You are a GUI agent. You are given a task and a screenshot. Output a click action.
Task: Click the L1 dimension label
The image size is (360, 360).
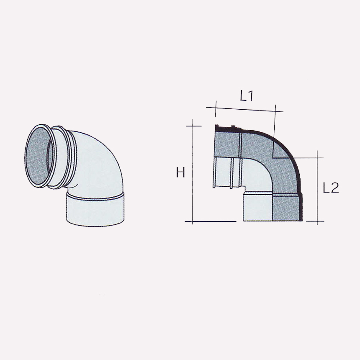tap(247, 96)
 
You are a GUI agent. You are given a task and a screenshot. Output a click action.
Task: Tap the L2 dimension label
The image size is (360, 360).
tap(331, 188)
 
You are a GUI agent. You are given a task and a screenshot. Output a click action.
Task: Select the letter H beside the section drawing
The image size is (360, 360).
tap(180, 172)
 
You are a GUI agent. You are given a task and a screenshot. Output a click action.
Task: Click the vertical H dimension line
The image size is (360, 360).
tap(192, 176)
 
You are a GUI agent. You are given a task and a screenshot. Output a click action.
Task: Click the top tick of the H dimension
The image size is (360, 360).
tap(193, 125)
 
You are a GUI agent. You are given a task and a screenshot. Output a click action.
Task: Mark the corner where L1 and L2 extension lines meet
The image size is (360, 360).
tap(273, 158)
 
